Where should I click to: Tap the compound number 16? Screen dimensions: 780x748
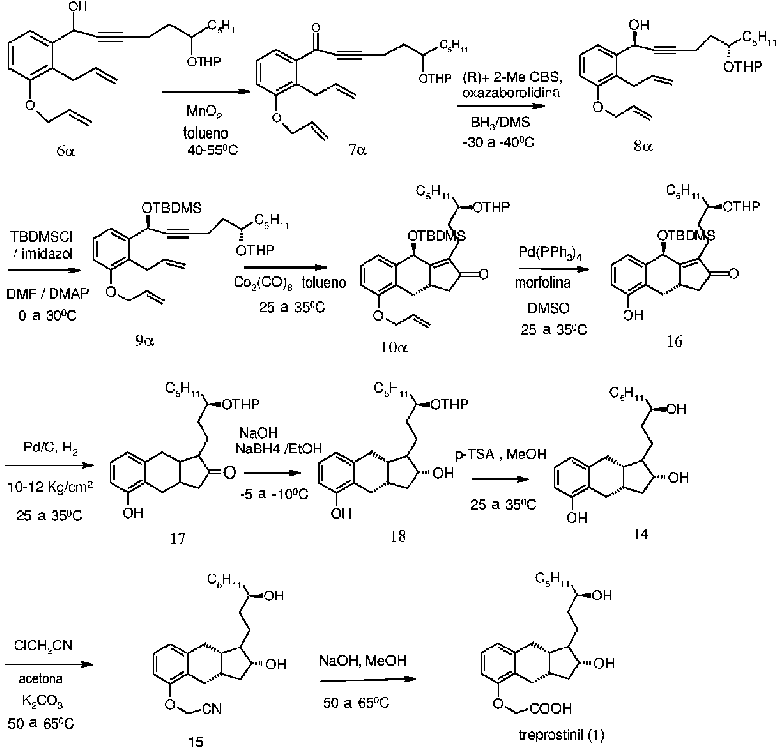click(x=675, y=341)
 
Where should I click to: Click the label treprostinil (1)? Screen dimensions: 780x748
click(x=562, y=735)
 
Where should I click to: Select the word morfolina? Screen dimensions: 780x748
click(x=543, y=283)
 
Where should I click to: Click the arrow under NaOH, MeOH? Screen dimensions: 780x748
click(x=368, y=679)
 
